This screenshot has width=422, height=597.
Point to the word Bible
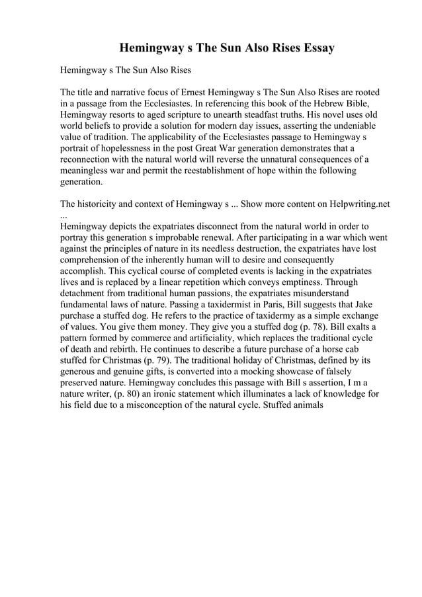click(345, 104)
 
